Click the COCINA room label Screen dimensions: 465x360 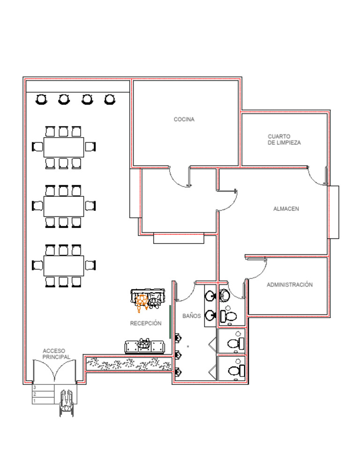184,119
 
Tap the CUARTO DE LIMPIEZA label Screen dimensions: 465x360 284,140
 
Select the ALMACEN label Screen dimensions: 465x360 286,209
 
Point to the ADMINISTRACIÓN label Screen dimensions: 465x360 289,285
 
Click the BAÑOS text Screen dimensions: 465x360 191,316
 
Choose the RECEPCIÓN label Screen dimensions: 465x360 145,323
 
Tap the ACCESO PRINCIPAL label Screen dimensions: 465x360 56,354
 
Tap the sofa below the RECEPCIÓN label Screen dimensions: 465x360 145,346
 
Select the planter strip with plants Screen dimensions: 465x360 129,363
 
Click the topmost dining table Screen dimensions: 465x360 64,147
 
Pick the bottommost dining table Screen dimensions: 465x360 64,266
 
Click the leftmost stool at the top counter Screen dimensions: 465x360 41,99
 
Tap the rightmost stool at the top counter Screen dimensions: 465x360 110,99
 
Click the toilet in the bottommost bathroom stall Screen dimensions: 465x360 235,370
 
